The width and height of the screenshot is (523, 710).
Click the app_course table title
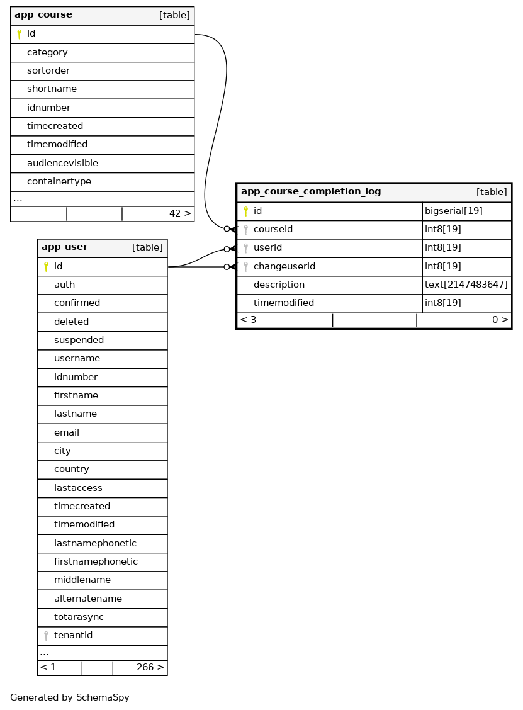coord(43,15)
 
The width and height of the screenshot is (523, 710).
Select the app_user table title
coord(64,247)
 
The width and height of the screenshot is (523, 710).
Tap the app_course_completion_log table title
coord(311,192)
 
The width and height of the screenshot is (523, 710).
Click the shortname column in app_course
coord(52,89)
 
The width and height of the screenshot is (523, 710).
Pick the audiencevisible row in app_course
coord(62,163)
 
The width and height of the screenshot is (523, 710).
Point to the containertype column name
coord(59,181)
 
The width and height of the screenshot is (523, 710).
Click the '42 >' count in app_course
coord(180,214)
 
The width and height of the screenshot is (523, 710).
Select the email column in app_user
coord(67,432)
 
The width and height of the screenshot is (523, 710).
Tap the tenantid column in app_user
coord(73,635)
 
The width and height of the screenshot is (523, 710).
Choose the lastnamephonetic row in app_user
coord(95,543)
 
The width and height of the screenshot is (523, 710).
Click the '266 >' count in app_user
coord(150,667)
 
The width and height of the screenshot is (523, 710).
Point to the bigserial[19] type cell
coord(453,211)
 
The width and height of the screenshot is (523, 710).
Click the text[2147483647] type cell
coord(466,285)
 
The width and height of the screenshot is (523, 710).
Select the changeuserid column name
coord(284,266)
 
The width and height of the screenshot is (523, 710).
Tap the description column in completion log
coord(279,285)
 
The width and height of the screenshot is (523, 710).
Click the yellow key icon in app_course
coord(19,34)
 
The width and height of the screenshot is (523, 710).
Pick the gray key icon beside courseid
coord(245,230)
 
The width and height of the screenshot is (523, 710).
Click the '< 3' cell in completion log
coord(248,320)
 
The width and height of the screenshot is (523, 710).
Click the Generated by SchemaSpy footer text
coord(69,697)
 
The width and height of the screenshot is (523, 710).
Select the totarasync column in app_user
coord(79,617)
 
